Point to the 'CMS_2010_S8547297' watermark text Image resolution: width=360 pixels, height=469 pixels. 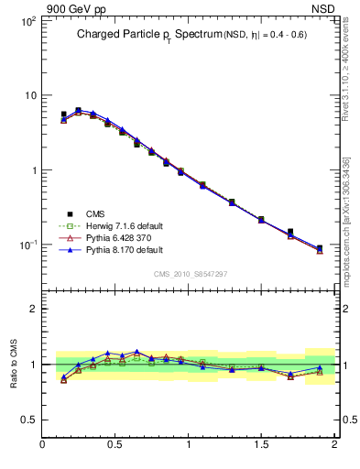(190, 274)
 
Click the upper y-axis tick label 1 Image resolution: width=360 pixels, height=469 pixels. (32, 170)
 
